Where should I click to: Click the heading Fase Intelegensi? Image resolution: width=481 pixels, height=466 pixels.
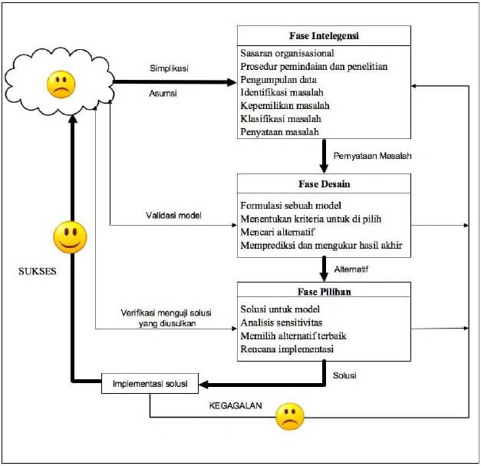(x=324, y=35)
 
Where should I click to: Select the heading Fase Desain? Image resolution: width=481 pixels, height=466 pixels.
(x=324, y=184)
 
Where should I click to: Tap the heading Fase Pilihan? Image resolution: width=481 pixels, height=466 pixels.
(x=324, y=292)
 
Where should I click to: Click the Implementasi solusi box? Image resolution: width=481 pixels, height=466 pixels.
(x=150, y=382)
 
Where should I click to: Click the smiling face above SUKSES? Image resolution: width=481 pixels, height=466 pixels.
(x=70, y=238)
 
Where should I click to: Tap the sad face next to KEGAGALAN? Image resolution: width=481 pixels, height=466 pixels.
(x=290, y=415)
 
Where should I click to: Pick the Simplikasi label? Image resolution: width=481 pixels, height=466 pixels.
(x=169, y=68)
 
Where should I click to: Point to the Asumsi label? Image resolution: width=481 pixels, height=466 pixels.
(x=163, y=94)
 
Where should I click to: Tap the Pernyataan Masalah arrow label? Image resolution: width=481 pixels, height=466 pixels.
(x=373, y=156)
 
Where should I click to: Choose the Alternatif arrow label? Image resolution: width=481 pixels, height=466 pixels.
(x=351, y=269)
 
